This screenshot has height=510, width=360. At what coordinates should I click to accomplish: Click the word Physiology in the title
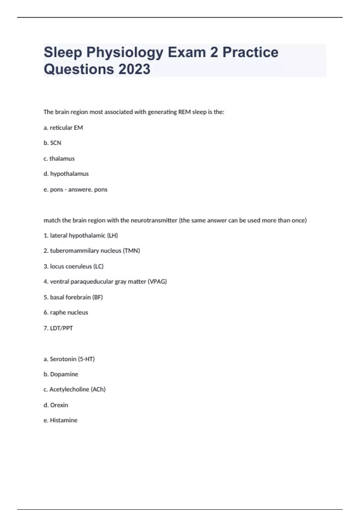(125, 52)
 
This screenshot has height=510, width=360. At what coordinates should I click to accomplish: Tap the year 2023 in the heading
(134, 69)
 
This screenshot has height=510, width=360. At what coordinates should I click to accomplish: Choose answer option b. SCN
(52, 143)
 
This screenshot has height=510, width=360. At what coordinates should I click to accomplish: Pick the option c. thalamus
(59, 159)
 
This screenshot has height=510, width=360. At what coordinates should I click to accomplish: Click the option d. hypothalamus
(66, 174)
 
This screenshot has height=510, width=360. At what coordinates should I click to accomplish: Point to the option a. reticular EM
(63, 128)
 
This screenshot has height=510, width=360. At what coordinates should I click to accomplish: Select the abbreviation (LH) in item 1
(112, 236)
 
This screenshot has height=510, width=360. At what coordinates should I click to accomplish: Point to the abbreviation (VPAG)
(157, 282)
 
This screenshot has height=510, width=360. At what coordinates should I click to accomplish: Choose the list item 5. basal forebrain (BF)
(73, 297)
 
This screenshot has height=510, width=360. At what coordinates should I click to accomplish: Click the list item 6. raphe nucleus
(66, 313)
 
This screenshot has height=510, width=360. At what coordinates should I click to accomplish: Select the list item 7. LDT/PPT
(58, 328)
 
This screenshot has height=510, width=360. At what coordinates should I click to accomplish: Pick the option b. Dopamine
(61, 374)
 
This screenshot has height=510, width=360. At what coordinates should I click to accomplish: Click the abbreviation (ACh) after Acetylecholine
(98, 389)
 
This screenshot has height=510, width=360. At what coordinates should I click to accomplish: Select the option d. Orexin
(56, 405)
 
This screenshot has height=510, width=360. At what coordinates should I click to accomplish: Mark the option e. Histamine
(61, 420)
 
